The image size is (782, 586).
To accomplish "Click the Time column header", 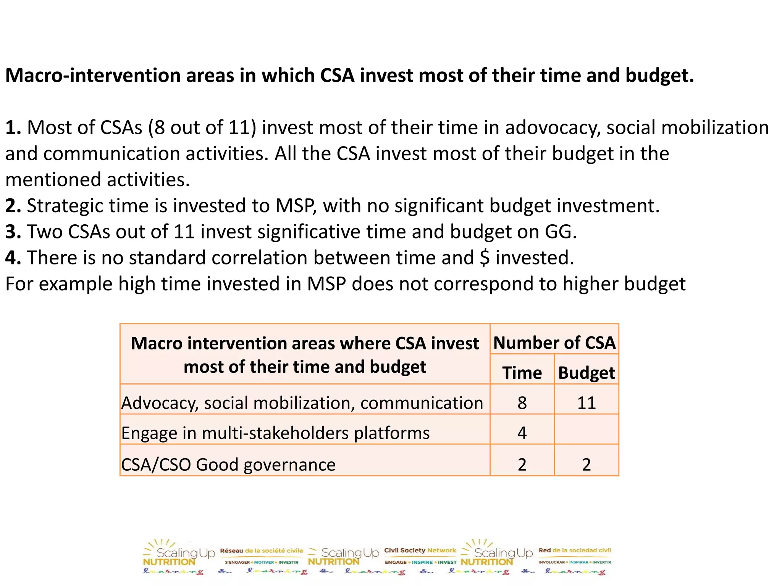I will coord(522,373).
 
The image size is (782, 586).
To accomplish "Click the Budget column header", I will coord(586,373).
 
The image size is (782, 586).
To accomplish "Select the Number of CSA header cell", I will coord(554,342).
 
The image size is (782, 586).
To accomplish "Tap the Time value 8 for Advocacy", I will coord(522,403).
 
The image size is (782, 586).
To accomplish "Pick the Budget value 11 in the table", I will coord(586,403).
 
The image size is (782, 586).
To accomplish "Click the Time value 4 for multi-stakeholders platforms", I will coord(522,433).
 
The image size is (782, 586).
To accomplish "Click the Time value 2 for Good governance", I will coord(522,464).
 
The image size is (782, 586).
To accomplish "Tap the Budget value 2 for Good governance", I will coord(586,464).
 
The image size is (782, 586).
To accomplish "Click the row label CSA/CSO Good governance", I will coord(228,464).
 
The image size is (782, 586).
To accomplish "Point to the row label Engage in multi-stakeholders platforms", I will coord(275,433).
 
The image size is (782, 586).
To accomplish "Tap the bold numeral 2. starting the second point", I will coord(13,206).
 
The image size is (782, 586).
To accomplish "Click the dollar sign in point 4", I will coord(484,258).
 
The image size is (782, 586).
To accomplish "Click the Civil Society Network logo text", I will coord(420,550).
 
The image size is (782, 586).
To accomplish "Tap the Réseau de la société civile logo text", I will coord(262,551).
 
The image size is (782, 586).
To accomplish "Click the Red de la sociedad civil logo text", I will coord(575,550).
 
